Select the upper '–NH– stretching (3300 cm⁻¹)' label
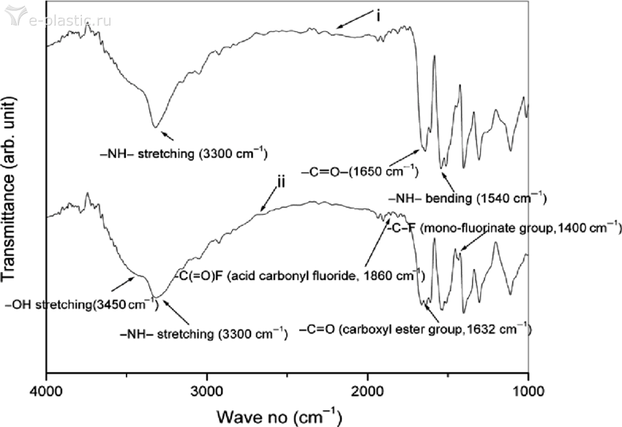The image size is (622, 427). [x=183, y=154]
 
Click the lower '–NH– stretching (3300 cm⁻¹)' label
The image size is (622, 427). [x=203, y=334]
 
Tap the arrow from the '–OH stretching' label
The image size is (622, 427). [x=121, y=283]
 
